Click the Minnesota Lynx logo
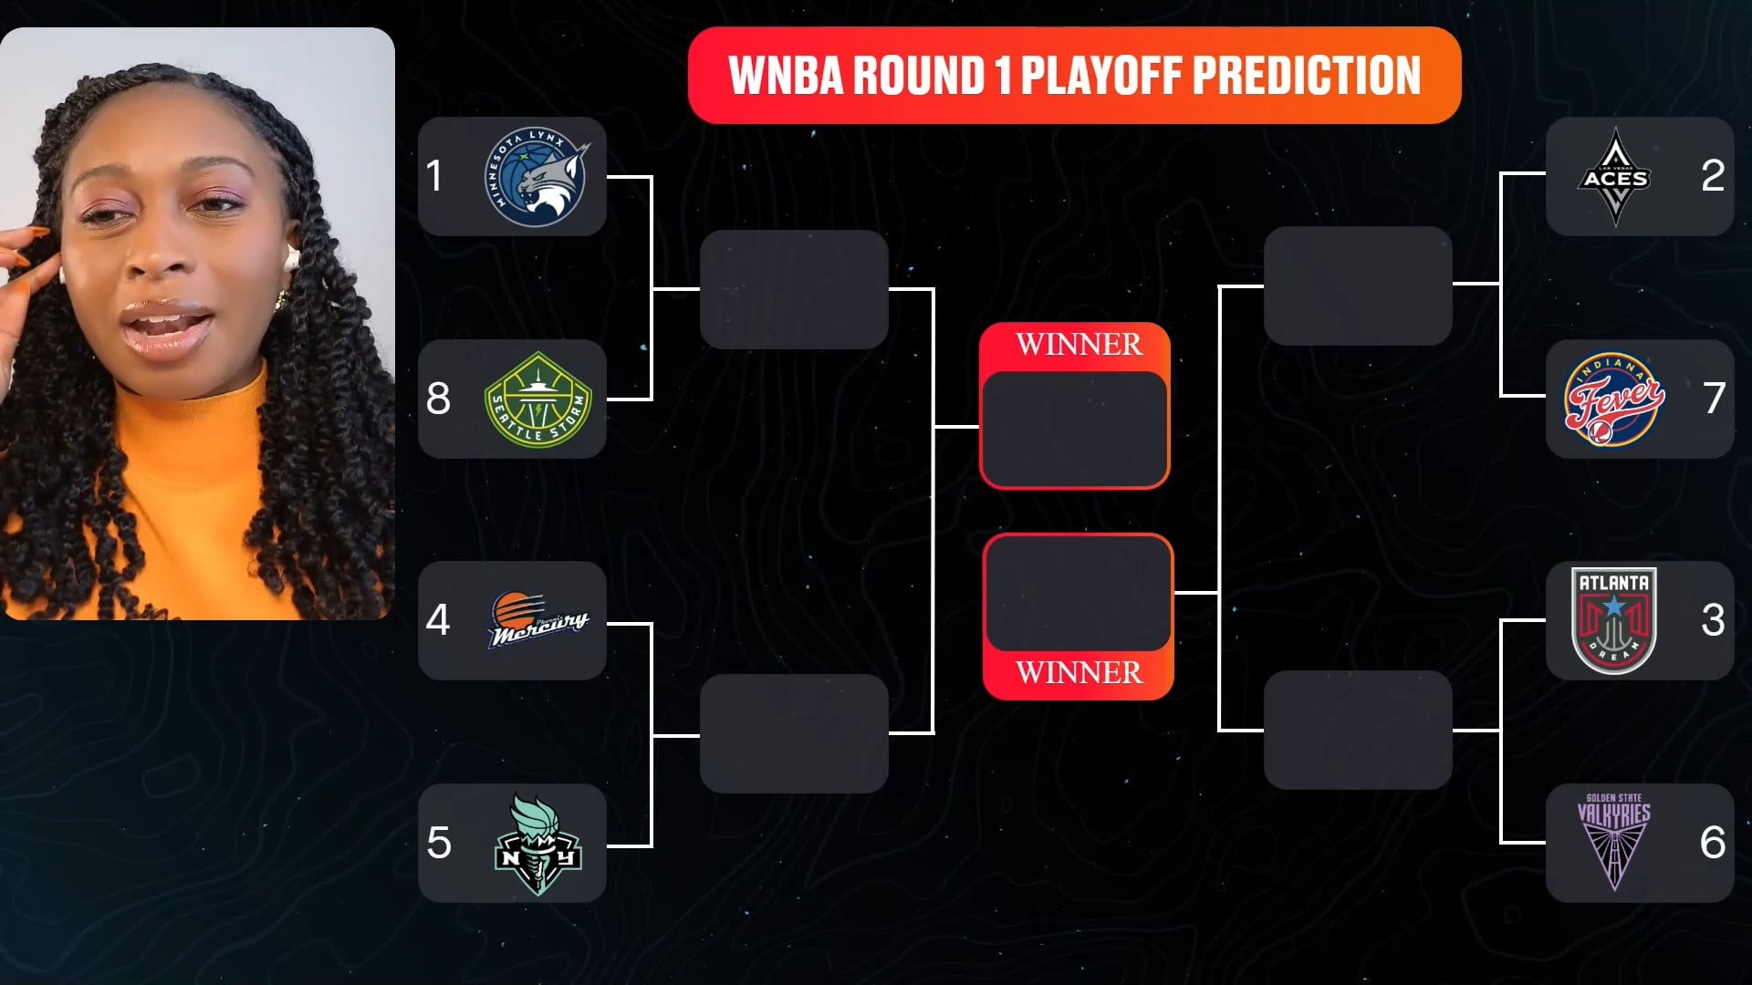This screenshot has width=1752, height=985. click(x=537, y=177)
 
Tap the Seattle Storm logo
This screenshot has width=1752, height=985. click(x=537, y=399)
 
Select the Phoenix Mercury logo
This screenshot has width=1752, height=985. click(x=538, y=620)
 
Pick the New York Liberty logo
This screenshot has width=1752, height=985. click(x=537, y=844)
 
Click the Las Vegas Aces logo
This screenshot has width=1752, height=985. click(x=1615, y=177)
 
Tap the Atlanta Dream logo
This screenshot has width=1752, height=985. click(x=1614, y=620)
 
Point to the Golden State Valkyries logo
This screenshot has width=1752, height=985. click(x=1614, y=842)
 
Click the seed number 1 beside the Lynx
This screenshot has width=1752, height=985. click(x=434, y=175)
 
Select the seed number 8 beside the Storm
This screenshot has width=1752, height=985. click(x=438, y=398)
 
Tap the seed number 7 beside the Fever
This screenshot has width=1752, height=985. click(x=1714, y=398)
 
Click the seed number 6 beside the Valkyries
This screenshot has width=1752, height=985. click(x=1713, y=842)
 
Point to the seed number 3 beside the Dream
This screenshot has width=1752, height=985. click(x=1713, y=620)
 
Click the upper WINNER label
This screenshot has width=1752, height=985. click(x=1079, y=344)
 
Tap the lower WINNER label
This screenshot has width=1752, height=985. click(x=1079, y=672)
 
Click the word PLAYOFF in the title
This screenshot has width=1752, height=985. click(x=1101, y=75)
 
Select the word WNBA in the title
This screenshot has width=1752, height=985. click(x=786, y=75)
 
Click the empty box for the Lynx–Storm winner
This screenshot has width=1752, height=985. click(x=794, y=289)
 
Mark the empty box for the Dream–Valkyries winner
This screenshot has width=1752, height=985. click(x=1358, y=730)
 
